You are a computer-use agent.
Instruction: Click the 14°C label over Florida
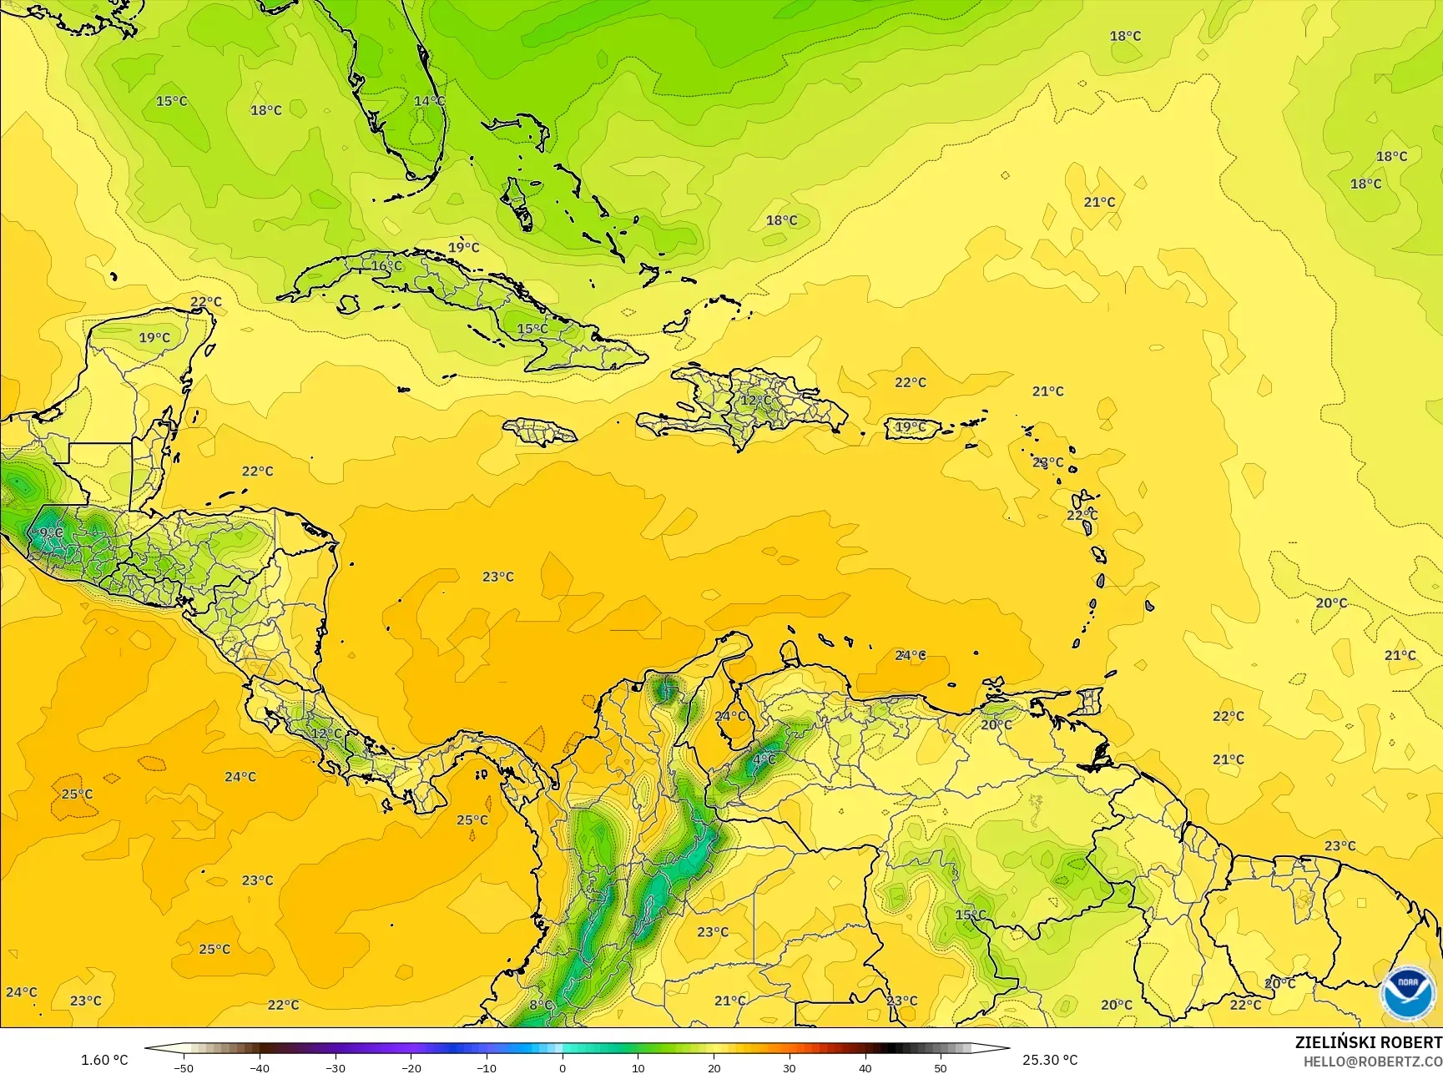click(429, 101)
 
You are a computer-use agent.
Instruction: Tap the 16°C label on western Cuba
click(386, 266)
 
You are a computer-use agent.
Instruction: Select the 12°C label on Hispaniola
click(756, 401)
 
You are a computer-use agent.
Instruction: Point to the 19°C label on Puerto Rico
click(910, 427)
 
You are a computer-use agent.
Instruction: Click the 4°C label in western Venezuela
click(764, 759)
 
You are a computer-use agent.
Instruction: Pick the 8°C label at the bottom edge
click(541, 1006)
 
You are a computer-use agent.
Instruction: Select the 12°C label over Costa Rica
click(326, 734)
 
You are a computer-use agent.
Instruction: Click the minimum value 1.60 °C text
click(104, 1060)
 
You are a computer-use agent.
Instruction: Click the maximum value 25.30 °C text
click(1050, 1060)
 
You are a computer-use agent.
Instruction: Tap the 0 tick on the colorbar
click(563, 1067)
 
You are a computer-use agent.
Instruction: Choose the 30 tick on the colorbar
click(790, 1067)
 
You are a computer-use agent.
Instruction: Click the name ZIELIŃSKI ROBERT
click(1368, 1042)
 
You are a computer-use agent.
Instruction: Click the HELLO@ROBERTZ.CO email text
click(1373, 1061)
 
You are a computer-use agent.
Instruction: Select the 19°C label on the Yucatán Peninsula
click(154, 338)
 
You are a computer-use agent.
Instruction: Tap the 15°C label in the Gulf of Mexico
click(172, 101)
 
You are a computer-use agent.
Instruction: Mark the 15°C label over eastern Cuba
click(532, 329)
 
